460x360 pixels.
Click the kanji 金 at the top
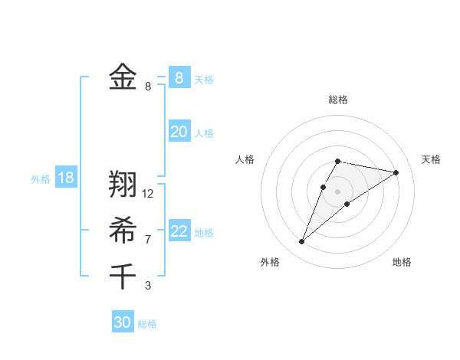point(123,77)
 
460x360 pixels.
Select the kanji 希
point(123,229)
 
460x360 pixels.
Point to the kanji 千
point(123,275)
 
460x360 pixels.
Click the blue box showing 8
point(179,77)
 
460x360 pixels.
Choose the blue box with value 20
point(179,132)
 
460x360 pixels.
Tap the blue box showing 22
point(179,231)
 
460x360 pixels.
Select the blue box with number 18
point(66,178)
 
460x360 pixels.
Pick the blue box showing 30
point(123,322)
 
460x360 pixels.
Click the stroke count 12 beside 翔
point(148,194)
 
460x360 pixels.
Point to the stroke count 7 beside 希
point(148,240)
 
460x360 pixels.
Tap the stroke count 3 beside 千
point(148,286)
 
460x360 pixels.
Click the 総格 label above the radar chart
point(338,100)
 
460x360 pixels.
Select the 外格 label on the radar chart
point(270,262)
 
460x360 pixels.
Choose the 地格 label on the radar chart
point(402,262)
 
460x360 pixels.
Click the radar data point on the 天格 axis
point(396,172)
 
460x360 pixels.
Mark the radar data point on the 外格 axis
point(302,242)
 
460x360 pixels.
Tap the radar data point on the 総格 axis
point(338,161)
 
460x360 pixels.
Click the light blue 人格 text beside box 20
point(204,133)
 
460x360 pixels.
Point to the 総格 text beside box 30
point(147,324)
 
